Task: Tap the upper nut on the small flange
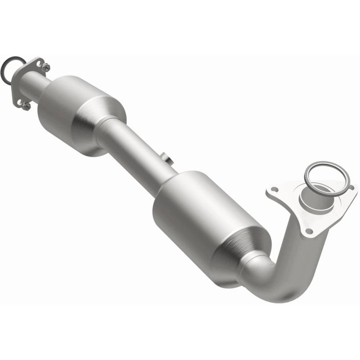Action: coord(45,67)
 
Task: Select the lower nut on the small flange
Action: coord(26,106)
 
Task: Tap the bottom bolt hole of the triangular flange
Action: coord(309,231)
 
